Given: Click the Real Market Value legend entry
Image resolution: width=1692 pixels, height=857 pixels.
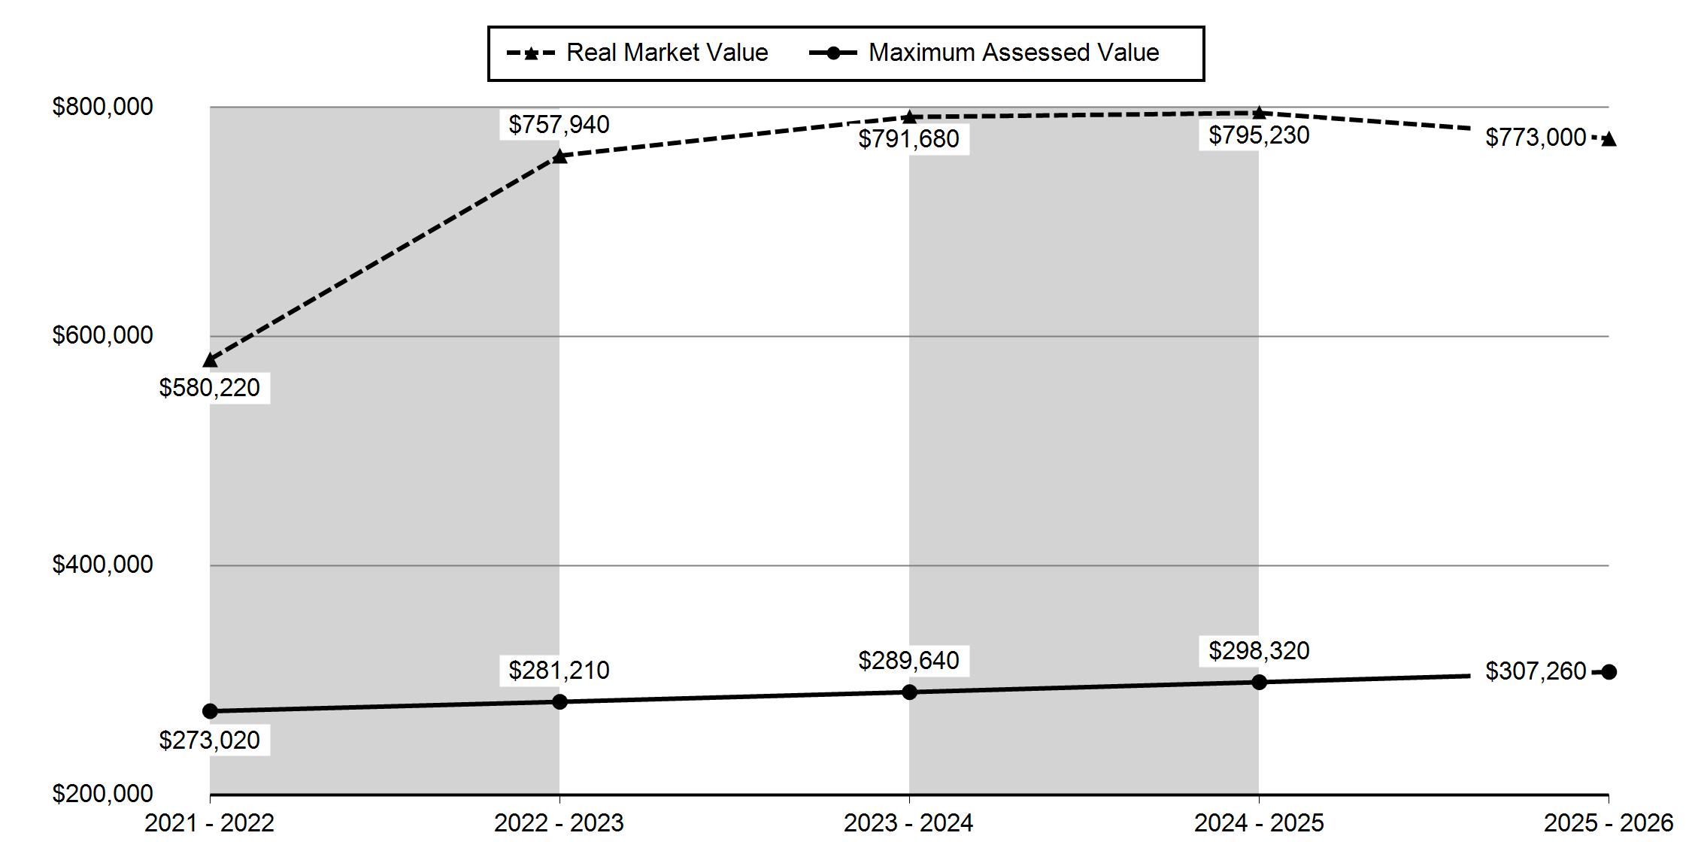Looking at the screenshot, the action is pos(638,53).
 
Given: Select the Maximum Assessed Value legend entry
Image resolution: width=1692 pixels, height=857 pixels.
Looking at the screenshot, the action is pos(984,53).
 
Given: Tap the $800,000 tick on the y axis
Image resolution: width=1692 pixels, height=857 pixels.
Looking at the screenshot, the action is pos(102,107).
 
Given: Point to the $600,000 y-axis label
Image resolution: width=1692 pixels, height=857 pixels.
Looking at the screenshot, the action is pos(102,335).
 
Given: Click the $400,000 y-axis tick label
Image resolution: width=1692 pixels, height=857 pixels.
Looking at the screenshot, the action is pos(102,565).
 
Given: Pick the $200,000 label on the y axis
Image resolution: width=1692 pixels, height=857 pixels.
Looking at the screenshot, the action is pos(102,794).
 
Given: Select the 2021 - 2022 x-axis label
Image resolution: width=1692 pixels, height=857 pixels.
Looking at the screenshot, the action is pos(210,824).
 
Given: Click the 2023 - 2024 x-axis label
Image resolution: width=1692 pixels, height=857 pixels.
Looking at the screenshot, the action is pos(908,824).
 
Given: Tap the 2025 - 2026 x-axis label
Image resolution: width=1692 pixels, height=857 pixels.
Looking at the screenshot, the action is pos(1609,824).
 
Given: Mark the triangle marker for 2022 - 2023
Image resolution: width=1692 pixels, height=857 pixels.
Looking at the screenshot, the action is pos(559,156).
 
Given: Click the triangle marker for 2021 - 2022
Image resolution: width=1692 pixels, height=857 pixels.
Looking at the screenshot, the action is pos(210,360).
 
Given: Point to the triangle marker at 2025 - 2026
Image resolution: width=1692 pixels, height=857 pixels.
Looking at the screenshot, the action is pos(1609,139).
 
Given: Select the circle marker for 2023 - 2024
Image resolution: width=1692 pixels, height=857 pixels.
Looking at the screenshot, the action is pos(909,692).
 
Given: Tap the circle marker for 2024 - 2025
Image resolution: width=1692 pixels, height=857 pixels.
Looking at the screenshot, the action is pos(1259,682).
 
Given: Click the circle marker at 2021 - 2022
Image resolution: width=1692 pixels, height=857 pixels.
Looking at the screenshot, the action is pos(210,711).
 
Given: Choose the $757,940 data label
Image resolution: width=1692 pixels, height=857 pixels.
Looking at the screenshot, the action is pos(559,125).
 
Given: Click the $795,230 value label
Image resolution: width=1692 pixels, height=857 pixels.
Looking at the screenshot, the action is pos(1259,135).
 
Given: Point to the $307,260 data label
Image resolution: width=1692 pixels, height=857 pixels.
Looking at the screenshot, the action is pos(1536,671).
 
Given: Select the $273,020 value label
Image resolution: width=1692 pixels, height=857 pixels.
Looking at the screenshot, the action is pos(210,740).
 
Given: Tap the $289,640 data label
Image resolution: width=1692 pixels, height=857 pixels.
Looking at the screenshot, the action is pos(908,661).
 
